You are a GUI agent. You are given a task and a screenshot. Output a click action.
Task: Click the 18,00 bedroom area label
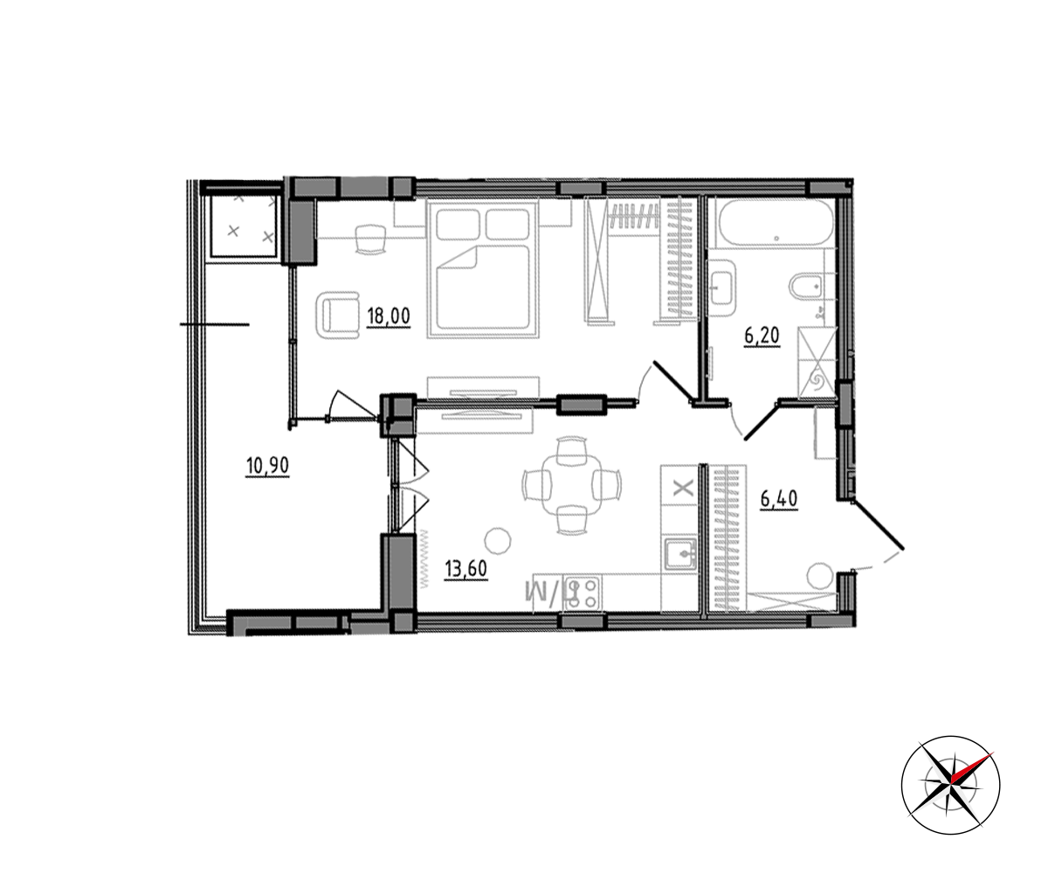389,316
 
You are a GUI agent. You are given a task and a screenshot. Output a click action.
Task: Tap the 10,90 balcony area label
267,466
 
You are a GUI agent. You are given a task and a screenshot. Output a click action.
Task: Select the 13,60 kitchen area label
465,569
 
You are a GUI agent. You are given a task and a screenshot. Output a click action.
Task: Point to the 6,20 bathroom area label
762,336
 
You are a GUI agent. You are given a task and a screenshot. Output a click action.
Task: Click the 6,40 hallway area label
779,500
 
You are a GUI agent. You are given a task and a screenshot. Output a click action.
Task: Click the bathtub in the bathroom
776,223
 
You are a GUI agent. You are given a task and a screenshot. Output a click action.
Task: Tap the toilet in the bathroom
805,287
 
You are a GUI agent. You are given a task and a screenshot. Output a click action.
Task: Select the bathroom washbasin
721,288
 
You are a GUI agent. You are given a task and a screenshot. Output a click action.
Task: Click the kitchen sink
680,553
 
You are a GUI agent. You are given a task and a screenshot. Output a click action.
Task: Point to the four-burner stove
583,593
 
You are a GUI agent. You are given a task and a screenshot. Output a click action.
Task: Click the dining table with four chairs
572,485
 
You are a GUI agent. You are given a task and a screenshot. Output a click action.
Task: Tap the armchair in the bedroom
337,316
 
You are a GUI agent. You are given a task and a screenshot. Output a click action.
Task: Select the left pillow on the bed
458,225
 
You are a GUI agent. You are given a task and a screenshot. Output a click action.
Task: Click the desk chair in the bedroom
370,239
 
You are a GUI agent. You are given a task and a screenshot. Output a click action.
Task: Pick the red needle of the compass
973,767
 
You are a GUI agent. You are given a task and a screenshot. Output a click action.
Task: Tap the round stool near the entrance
821,576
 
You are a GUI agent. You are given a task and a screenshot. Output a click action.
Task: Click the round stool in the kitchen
498,541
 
